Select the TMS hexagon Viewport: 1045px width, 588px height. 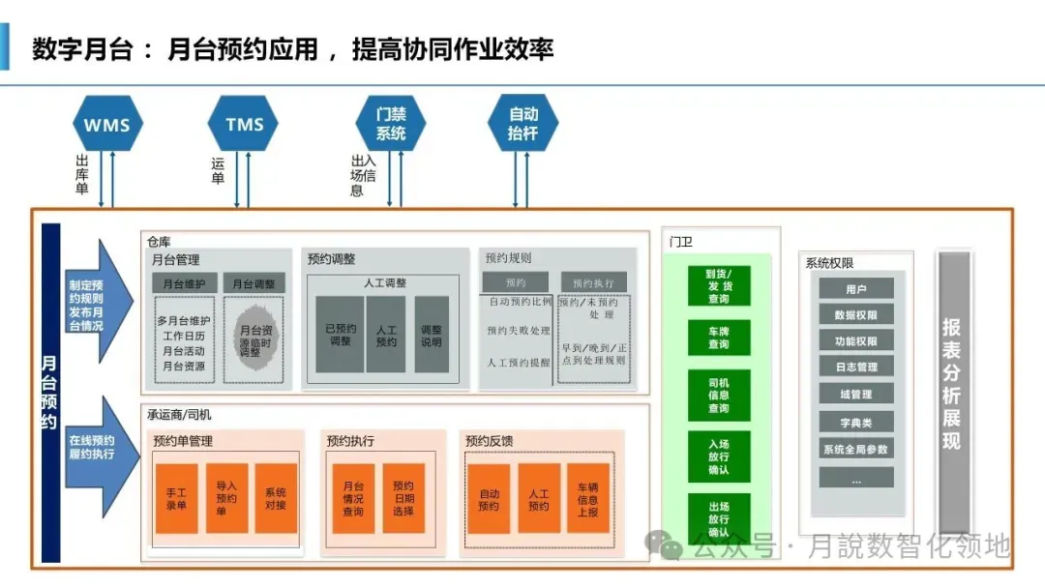click(x=244, y=124)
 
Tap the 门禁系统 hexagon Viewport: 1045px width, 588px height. click(x=390, y=124)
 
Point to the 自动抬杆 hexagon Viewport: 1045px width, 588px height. click(x=522, y=124)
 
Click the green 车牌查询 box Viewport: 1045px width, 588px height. click(x=718, y=338)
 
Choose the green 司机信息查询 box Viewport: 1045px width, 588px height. click(x=718, y=395)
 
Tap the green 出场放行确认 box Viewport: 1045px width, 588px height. click(x=718, y=519)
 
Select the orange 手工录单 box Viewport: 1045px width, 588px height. click(x=176, y=498)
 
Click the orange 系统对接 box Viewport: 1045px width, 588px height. click(x=276, y=498)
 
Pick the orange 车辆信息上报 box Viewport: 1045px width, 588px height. click(x=587, y=498)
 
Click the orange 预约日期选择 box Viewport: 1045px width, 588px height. click(x=403, y=498)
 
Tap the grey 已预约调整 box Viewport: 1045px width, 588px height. click(x=340, y=335)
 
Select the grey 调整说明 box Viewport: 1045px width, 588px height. click(x=432, y=335)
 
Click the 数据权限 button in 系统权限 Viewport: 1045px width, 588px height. click(x=856, y=314)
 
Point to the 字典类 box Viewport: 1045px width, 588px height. click(x=856, y=423)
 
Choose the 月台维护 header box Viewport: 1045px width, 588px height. click(x=184, y=282)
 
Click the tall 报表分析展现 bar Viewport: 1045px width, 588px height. click(x=952, y=392)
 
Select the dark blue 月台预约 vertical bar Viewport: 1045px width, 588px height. click(x=50, y=392)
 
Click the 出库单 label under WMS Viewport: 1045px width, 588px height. click(x=82, y=175)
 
